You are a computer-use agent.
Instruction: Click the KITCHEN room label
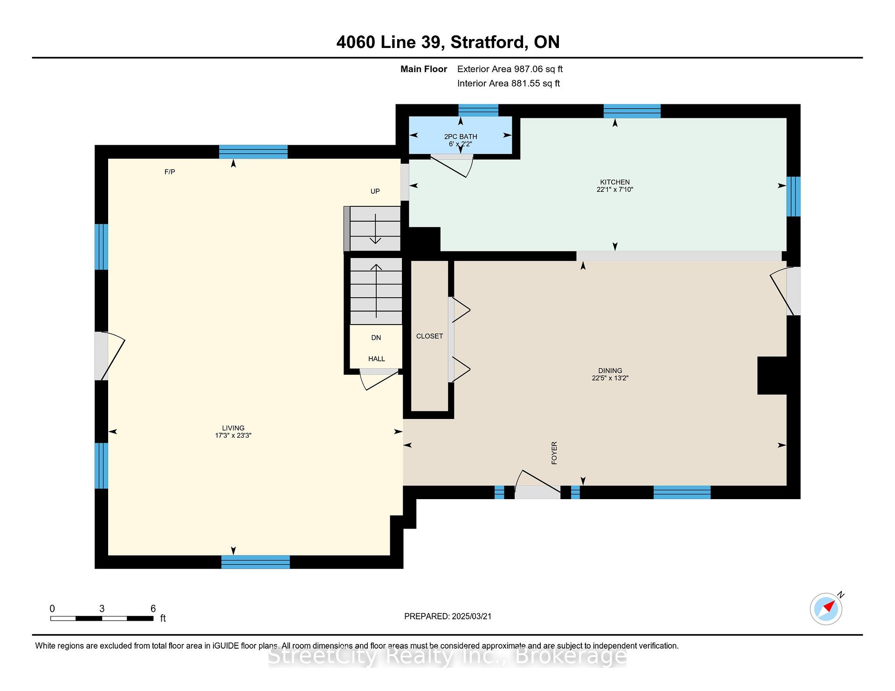615,182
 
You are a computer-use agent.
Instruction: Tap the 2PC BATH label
461,136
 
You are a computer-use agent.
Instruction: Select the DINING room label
610,371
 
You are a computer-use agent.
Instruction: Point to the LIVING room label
233,428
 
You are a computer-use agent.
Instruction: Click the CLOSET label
429,336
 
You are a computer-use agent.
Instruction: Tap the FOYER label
554,453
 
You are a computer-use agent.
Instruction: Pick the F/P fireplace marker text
170,172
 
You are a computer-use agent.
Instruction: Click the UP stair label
375,191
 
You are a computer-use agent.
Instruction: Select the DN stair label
376,338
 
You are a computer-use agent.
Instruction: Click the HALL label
377,359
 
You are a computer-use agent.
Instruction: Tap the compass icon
826,608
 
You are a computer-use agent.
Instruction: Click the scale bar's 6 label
153,609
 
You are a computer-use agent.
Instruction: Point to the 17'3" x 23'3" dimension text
233,435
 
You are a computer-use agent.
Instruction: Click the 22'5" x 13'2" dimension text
610,378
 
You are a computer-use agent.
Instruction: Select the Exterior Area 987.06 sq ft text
510,69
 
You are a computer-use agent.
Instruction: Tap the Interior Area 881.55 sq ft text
509,83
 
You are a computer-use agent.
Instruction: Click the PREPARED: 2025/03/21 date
447,616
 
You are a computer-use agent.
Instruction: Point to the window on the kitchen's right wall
794,196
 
